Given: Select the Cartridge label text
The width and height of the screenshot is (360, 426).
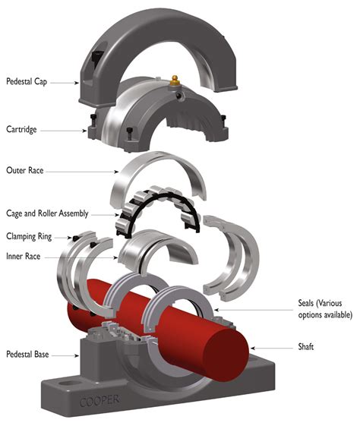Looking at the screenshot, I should coord(22,130).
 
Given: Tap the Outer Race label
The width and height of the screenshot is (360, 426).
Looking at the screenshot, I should coord(24,170).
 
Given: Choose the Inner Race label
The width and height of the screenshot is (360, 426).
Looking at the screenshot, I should coord(24,258).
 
